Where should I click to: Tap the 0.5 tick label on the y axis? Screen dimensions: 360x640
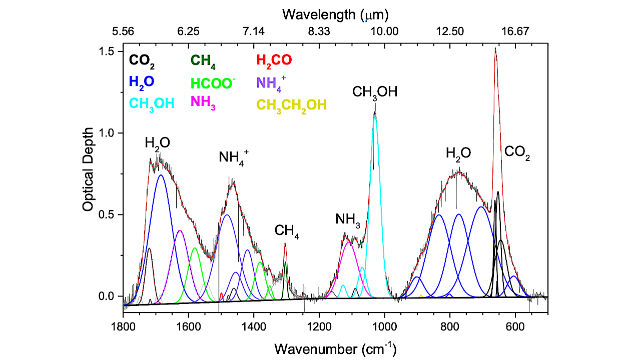tap(107, 214)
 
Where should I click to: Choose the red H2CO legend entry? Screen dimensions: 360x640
tap(274, 60)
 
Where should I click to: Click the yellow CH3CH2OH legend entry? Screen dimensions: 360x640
tap(291, 104)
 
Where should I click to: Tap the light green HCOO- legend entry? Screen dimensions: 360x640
tap(213, 83)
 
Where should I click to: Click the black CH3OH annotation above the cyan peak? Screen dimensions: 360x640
tap(375, 92)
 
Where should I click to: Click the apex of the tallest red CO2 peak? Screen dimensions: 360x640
tap(495, 49)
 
